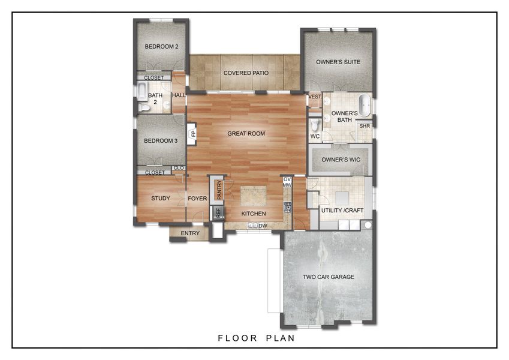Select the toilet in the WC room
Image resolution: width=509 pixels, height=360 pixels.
[x=315, y=125]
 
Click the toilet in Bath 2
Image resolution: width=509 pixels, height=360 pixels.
[x=144, y=108]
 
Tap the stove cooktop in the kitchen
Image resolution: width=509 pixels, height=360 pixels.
[x=288, y=208]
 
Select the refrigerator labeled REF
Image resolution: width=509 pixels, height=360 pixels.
[x=218, y=212]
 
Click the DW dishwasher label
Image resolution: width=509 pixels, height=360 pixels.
[x=263, y=226]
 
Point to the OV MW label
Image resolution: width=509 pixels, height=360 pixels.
[x=287, y=182]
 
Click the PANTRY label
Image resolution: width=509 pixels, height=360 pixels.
[x=219, y=189]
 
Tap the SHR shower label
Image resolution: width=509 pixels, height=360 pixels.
[x=364, y=126]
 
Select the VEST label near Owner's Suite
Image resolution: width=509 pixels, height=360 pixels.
[x=314, y=97]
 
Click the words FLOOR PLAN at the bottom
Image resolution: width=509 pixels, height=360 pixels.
[x=256, y=338]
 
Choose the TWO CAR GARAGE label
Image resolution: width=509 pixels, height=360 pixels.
[x=328, y=277]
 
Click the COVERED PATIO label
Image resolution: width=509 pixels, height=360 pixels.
[x=245, y=73]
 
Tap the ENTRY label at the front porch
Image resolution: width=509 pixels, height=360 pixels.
[x=190, y=233]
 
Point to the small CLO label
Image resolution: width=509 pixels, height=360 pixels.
[x=178, y=168]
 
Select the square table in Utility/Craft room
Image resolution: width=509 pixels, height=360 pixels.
[x=342, y=197]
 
